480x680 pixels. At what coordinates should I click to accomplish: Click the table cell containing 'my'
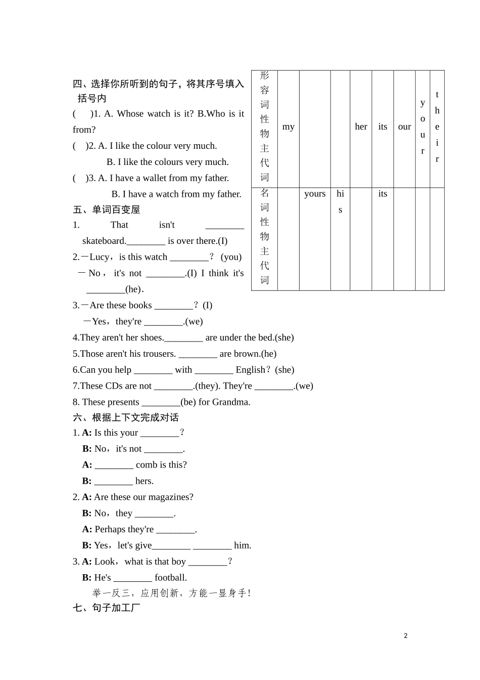pos(289,127)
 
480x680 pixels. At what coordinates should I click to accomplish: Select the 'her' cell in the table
pos(361,127)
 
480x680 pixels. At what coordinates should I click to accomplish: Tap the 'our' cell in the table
pos(404,127)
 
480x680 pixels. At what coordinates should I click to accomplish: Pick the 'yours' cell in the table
pos(315,194)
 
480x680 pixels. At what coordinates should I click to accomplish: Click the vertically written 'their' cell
pos(437,127)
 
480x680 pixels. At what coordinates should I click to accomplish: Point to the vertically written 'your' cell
pos(423,127)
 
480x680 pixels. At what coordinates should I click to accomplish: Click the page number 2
pos(406,636)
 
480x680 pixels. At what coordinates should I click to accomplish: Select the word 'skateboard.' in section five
pos(104,241)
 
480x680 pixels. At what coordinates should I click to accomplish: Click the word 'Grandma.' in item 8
pos(231,402)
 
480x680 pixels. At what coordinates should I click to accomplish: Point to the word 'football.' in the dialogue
pos(171,578)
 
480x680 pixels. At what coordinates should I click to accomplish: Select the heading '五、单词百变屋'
pos(106,209)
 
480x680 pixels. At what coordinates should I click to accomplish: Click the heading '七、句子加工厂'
pos(106,608)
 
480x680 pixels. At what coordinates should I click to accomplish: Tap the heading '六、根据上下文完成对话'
pos(126,417)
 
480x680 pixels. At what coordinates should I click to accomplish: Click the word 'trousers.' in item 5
pos(160,354)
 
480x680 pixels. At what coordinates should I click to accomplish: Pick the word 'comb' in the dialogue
pos(147,465)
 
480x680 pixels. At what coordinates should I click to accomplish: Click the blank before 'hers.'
pos(113,481)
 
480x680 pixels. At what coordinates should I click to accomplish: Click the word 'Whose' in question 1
pos(130,114)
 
